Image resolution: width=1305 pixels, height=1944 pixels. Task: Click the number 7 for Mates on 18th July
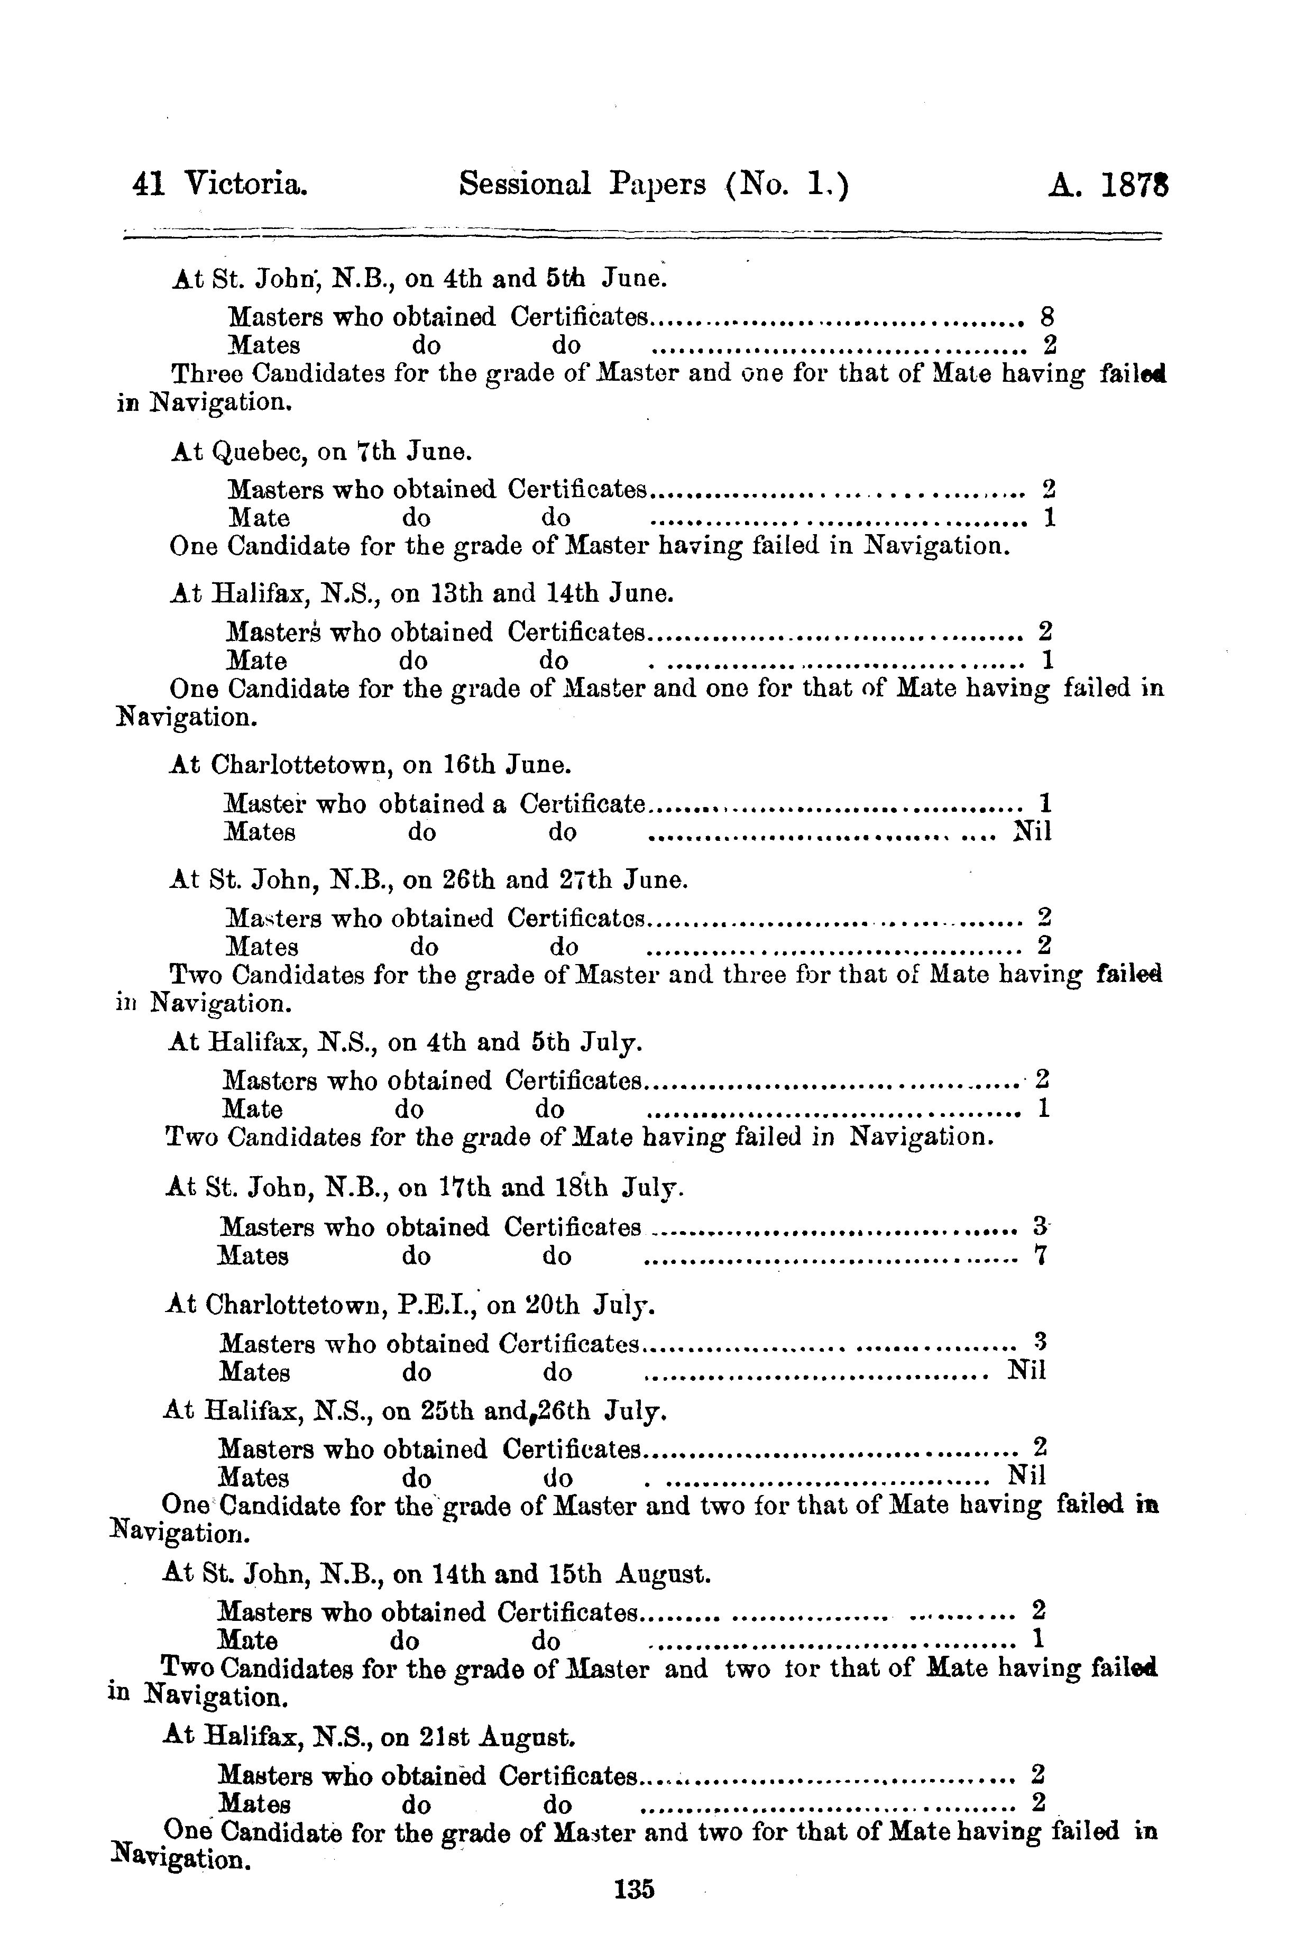point(1040,1255)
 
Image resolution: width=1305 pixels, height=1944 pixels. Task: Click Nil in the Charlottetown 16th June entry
point(1032,831)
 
